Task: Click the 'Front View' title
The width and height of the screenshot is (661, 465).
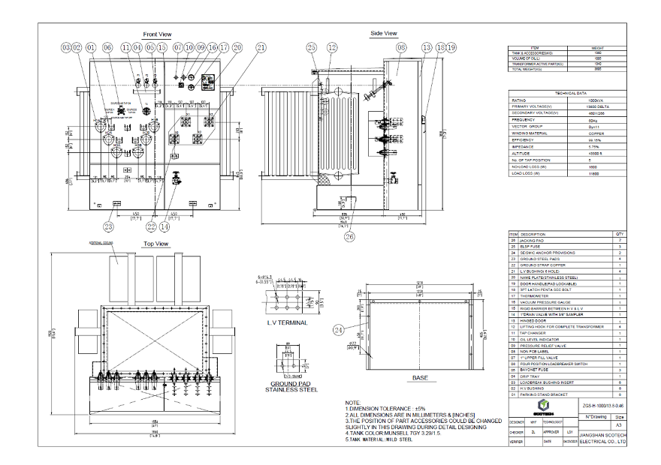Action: [157, 34]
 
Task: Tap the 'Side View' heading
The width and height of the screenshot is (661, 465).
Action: [383, 33]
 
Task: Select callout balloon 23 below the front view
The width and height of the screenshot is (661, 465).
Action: [109, 226]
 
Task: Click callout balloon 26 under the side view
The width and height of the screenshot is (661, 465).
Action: [349, 236]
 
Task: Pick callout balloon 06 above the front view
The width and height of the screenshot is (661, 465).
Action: [107, 47]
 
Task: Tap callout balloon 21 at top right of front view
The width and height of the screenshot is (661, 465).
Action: [261, 47]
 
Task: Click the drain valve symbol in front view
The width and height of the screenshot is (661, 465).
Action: [174, 180]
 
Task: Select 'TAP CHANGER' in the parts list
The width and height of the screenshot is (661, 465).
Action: [533, 333]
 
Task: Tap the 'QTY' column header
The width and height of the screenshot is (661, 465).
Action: [619, 233]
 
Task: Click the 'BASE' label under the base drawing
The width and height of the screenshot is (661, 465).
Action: [420, 378]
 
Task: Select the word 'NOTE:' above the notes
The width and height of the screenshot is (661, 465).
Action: [352, 403]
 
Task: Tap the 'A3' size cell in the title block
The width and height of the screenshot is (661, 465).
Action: [619, 424]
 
